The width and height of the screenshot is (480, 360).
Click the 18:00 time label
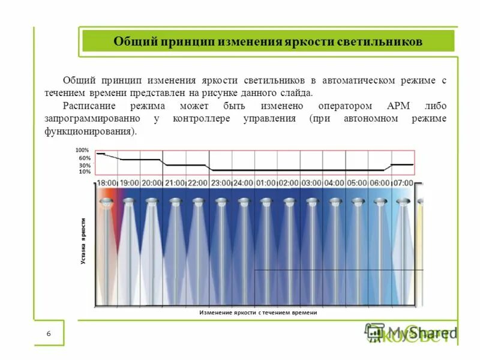pyautogui.click(x=107, y=182)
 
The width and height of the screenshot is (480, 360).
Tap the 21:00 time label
pyautogui.click(x=175, y=182)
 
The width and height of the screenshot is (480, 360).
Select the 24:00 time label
pyautogui.click(x=243, y=182)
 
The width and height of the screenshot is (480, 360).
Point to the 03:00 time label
pyautogui.click(x=311, y=182)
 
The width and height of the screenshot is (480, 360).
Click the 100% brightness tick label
pyautogui.click(x=82, y=150)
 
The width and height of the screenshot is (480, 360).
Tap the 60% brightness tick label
pyautogui.click(x=85, y=158)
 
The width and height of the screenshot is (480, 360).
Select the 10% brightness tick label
pyautogui.click(x=85, y=172)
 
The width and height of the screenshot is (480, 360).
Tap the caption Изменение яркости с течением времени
pyautogui.click(x=257, y=313)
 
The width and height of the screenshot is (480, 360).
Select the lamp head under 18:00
pyautogui.click(x=106, y=203)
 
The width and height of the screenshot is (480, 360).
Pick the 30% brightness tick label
pyautogui.click(x=85, y=165)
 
